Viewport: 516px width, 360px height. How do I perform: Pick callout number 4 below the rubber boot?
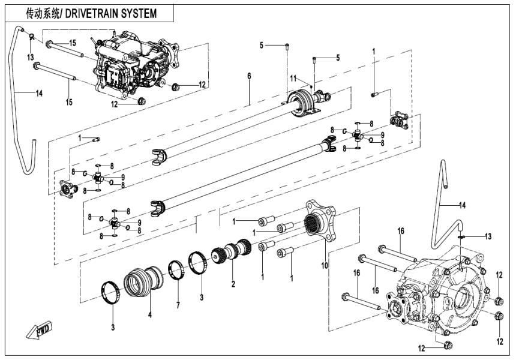pos(150,313)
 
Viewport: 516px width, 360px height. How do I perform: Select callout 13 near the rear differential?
pos(488,236)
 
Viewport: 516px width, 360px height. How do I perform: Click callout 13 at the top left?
pos(29,56)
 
